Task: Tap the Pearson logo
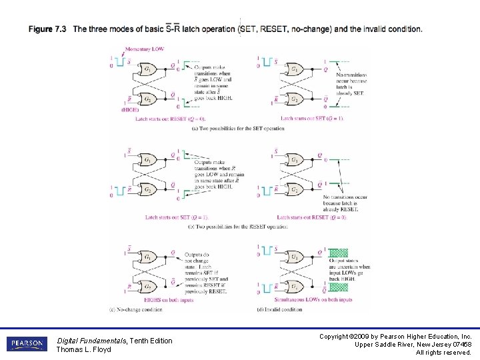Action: click(27, 344)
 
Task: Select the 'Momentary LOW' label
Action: click(147, 49)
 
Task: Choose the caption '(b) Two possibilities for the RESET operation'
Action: click(238, 227)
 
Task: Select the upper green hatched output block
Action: click(339, 253)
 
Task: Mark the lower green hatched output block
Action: click(339, 287)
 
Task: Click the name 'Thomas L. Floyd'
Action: click(83, 349)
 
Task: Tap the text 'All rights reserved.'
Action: click(443, 352)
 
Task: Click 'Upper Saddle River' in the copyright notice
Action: click(377, 344)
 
